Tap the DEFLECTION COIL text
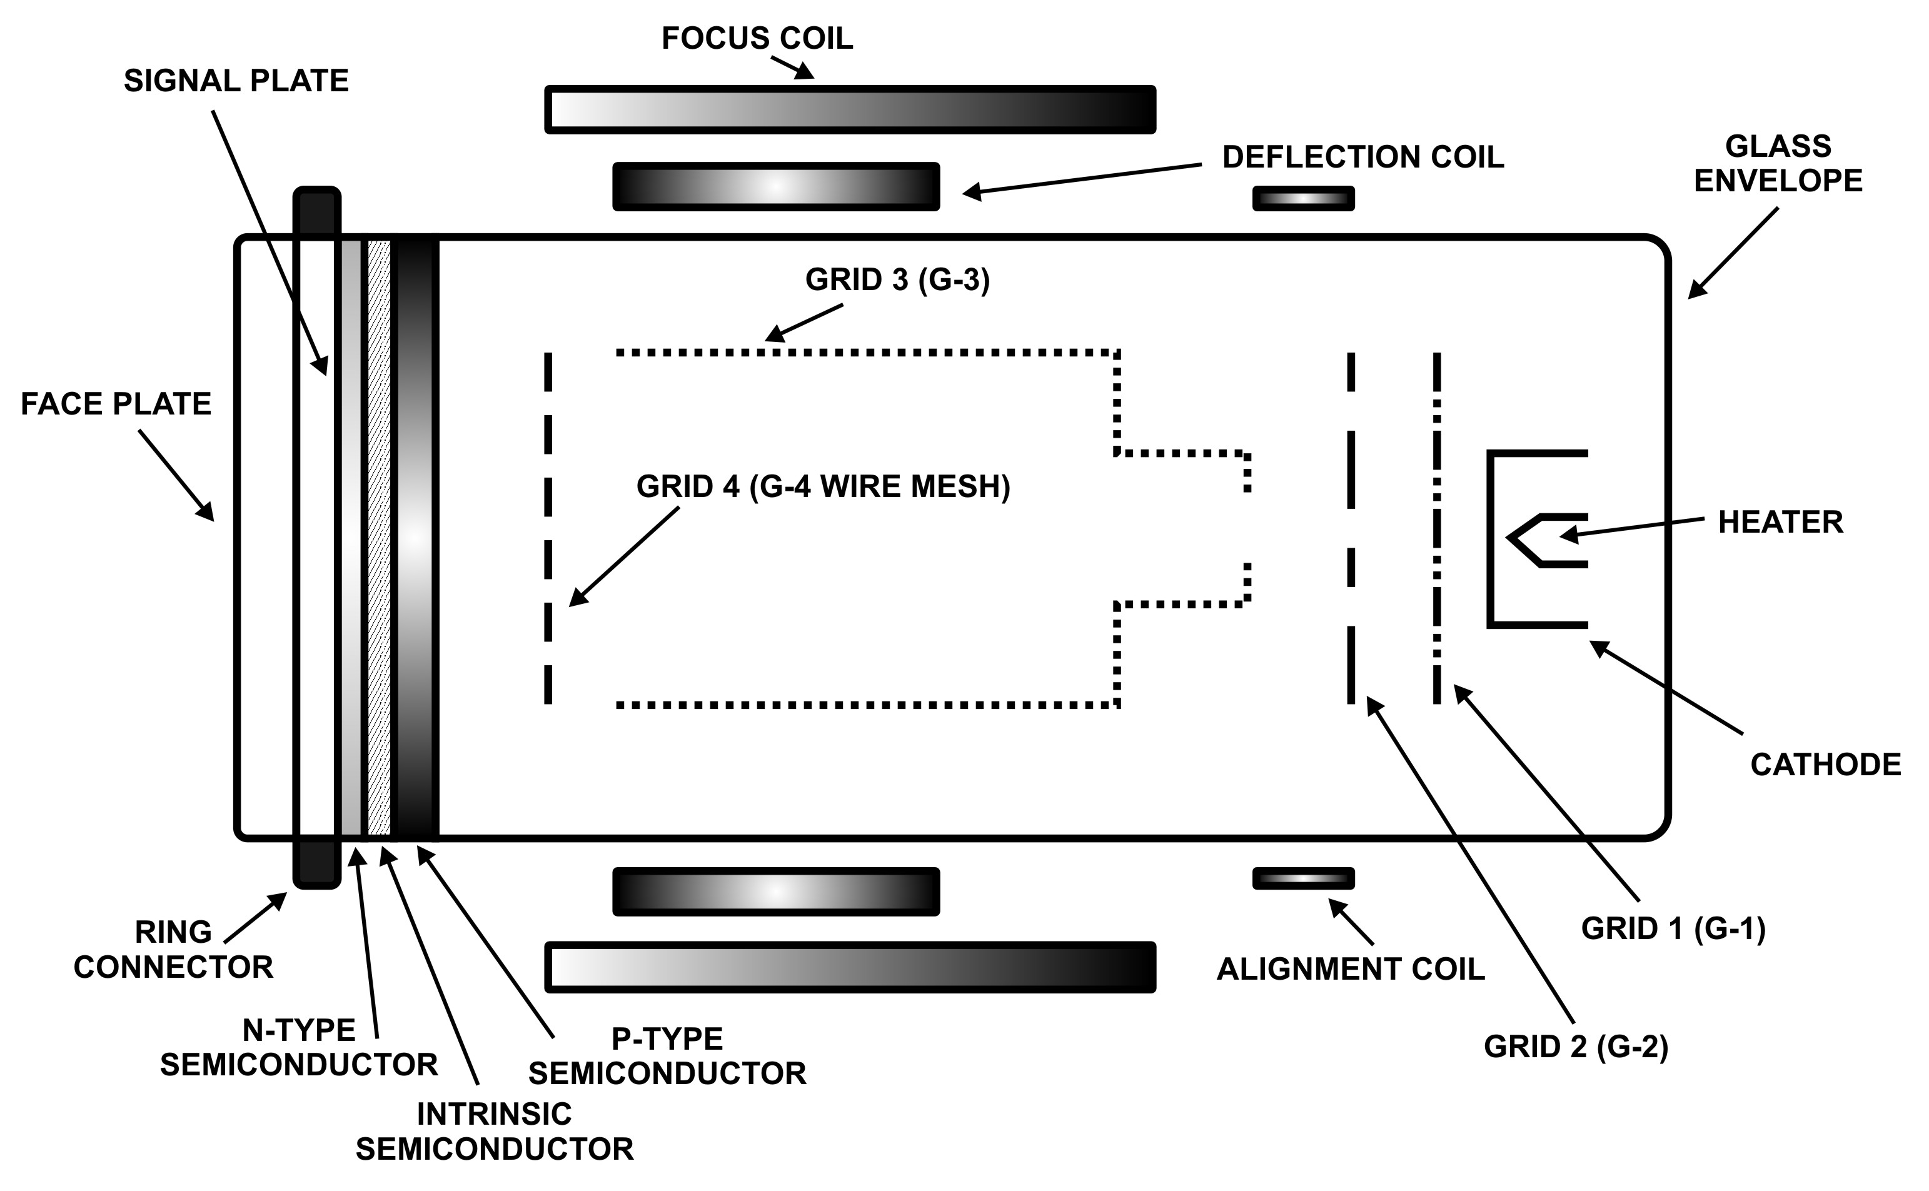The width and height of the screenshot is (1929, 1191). [x=1362, y=158]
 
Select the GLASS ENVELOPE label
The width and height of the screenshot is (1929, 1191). [x=1778, y=164]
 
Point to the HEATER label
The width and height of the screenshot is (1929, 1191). [x=1780, y=522]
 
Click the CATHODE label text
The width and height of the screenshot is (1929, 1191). [x=1826, y=765]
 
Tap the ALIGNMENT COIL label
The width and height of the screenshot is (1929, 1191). [x=1350, y=969]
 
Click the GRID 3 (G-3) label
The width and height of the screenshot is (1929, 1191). [x=897, y=279]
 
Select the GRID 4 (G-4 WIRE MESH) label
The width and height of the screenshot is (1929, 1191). [x=823, y=487]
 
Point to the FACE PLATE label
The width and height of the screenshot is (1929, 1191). [x=116, y=404]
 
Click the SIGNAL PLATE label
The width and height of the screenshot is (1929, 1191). [x=236, y=81]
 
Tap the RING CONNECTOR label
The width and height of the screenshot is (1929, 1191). [x=173, y=949]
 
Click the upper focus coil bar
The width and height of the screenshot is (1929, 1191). [x=850, y=109]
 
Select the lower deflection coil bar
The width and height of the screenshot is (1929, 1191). [x=776, y=892]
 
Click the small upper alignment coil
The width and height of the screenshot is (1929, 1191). [x=1303, y=199]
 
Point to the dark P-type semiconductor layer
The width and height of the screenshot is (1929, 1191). [x=415, y=536]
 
